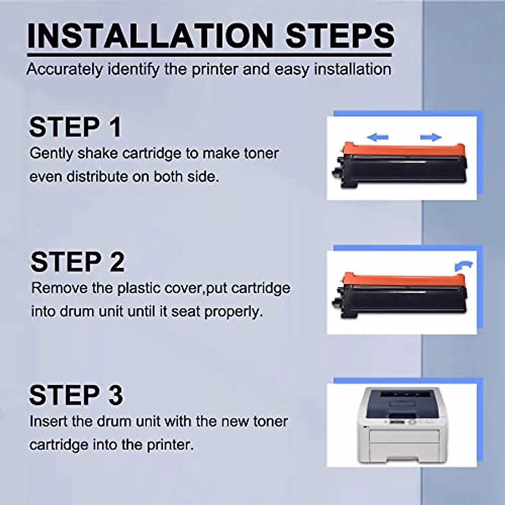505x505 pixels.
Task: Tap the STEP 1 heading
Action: click(x=75, y=127)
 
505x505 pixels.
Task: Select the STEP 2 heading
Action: click(x=77, y=262)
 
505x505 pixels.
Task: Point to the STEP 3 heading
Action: click(x=76, y=395)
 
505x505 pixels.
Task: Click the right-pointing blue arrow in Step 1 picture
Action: click(x=431, y=137)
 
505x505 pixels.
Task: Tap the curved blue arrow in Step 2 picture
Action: click(x=464, y=266)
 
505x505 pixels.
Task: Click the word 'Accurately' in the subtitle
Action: click(x=64, y=69)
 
